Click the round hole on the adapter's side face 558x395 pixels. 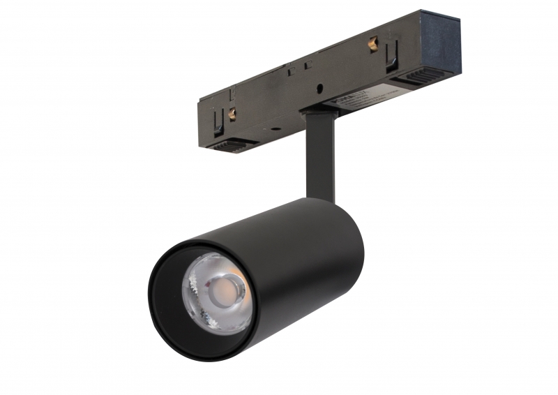click(x=319, y=89)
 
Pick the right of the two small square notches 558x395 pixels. click(x=308, y=64)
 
